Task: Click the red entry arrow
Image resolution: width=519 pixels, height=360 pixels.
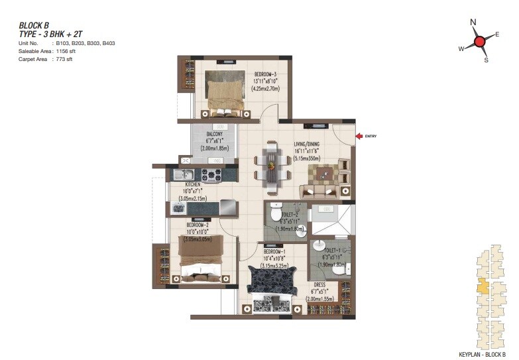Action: (359, 136)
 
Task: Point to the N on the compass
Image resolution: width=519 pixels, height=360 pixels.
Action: (473, 23)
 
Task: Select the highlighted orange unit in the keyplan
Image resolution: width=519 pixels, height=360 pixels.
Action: (484, 287)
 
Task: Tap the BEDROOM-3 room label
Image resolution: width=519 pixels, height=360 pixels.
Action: (265, 74)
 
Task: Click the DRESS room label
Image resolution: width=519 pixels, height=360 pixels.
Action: (319, 286)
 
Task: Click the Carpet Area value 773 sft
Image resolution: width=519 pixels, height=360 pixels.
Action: (62, 59)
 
